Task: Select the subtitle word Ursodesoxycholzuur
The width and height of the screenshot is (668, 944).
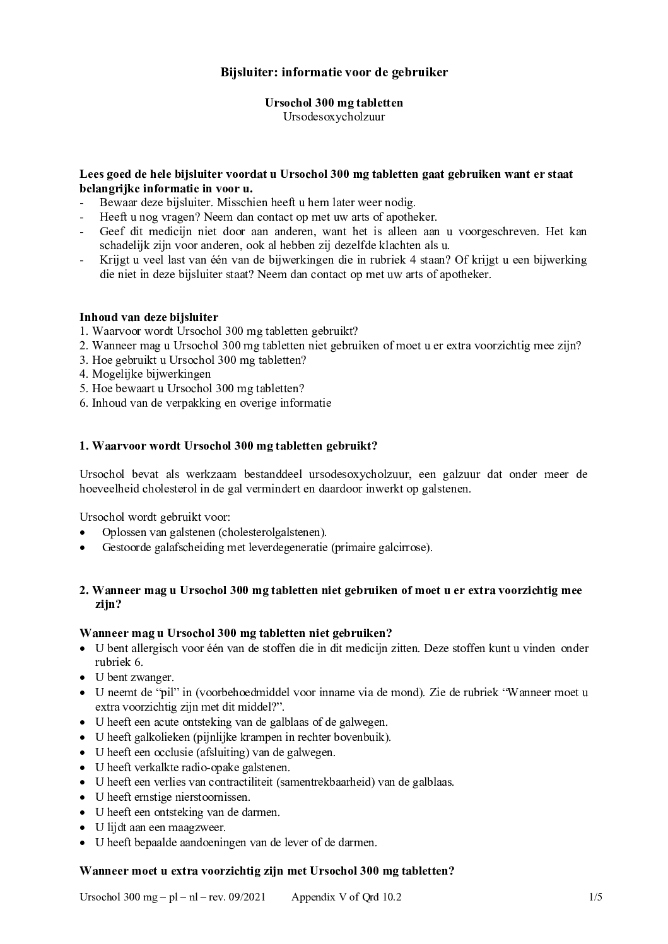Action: pos(334,117)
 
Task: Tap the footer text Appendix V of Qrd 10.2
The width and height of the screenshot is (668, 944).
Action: pos(346,897)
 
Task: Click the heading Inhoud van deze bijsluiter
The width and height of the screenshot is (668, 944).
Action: pos(149,317)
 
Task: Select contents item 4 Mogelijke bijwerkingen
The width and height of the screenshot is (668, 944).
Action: pos(145,374)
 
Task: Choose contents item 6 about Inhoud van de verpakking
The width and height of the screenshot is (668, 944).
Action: pos(205,403)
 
